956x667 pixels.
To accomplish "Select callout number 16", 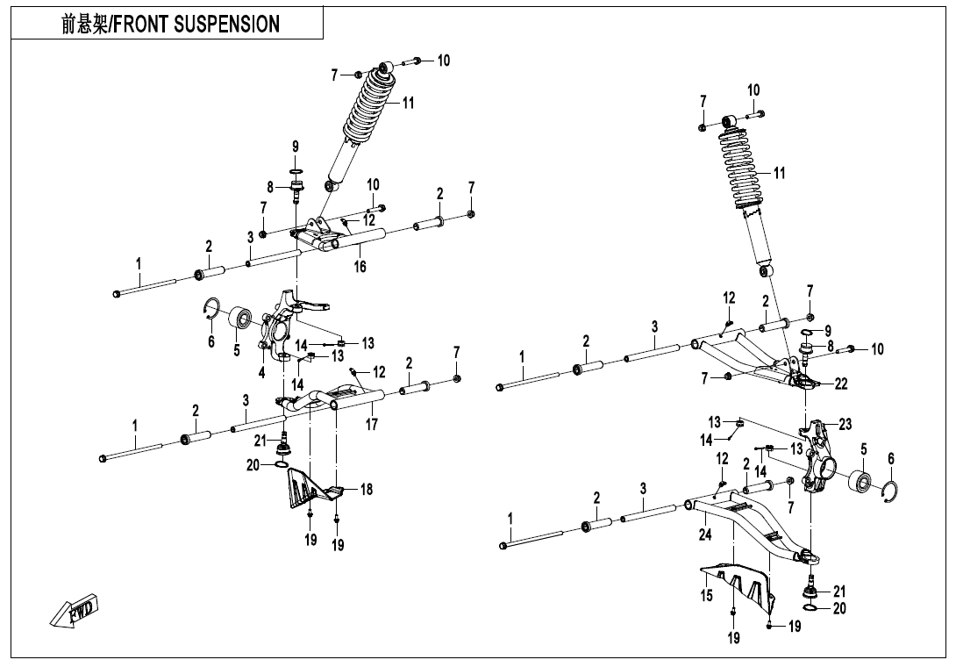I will click(360, 267).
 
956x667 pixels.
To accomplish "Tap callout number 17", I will click(372, 425).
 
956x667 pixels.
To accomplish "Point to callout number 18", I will click(367, 490).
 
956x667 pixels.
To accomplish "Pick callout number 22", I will click(841, 384).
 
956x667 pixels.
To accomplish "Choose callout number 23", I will click(845, 424).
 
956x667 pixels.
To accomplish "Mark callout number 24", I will click(705, 534).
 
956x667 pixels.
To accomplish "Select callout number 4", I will click(261, 372).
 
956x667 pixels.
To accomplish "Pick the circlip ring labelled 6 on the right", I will click(890, 493).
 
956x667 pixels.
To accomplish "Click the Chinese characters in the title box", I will click(82, 25).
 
